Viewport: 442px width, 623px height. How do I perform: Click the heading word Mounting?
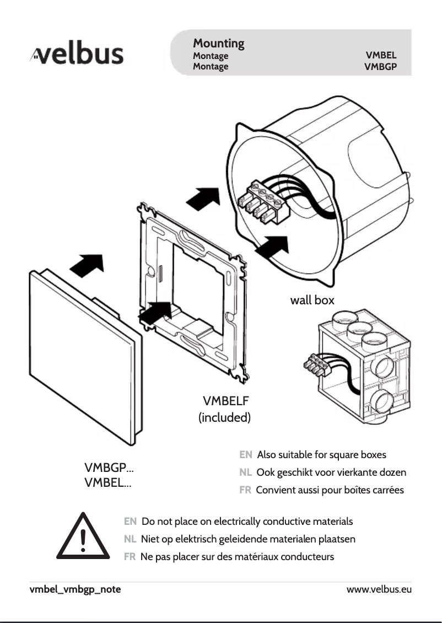click(x=218, y=43)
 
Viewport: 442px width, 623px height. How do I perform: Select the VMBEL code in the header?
click(x=381, y=56)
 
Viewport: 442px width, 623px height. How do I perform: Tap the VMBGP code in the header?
click(x=380, y=67)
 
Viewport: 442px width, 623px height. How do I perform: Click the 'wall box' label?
click(x=312, y=300)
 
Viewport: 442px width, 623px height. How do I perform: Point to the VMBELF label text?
click(x=226, y=400)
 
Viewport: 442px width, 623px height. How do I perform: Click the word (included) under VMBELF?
click(x=224, y=417)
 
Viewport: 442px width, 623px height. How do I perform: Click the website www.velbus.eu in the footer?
click(x=379, y=589)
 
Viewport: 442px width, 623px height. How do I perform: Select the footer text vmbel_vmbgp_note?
click(x=75, y=589)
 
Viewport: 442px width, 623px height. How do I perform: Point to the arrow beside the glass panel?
click(x=87, y=266)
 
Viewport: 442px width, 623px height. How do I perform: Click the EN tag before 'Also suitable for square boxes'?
click(x=246, y=455)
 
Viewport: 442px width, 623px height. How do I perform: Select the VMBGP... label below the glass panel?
click(x=109, y=469)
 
